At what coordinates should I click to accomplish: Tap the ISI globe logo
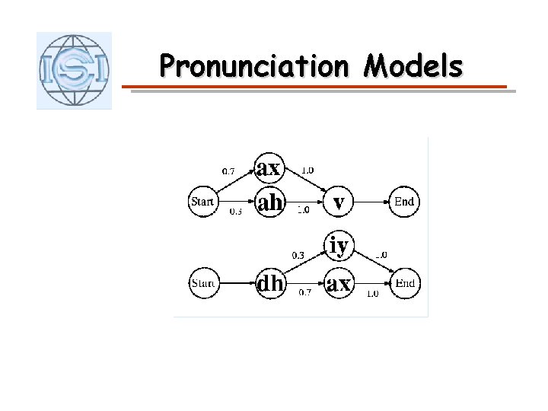point(74,71)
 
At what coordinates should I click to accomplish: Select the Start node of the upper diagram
point(202,202)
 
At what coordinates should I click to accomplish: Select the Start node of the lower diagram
point(202,284)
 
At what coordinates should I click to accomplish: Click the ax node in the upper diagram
point(268,167)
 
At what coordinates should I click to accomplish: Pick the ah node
point(270,203)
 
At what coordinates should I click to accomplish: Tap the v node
point(339,202)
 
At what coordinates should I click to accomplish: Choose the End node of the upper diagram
point(404,202)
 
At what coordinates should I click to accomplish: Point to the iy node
point(339,245)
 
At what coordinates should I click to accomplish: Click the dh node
point(270,284)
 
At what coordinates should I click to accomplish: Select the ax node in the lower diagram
point(339,284)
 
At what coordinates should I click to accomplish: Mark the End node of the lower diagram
point(404,284)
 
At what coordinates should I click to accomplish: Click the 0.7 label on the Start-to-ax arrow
point(228,170)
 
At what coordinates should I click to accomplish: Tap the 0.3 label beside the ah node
point(237,213)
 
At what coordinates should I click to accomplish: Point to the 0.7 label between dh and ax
point(304,292)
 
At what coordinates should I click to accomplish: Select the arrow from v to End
point(371,202)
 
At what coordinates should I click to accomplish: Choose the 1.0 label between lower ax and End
point(372,293)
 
